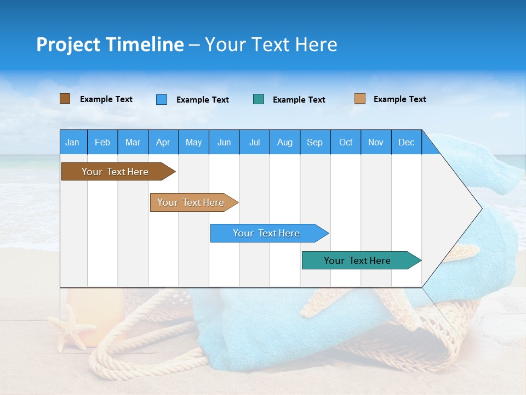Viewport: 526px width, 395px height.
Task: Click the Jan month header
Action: (x=72, y=142)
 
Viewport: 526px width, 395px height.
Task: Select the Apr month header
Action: (x=163, y=142)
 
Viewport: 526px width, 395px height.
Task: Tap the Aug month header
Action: (x=284, y=142)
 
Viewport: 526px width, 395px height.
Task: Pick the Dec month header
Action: (x=406, y=142)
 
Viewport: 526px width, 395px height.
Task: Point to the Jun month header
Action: (x=224, y=142)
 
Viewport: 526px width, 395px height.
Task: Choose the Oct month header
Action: (x=345, y=142)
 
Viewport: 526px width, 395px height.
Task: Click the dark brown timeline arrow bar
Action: (x=115, y=172)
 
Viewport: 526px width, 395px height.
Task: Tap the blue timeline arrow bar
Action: (x=266, y=233)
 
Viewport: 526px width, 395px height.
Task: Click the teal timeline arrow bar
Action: (x=357, y=261)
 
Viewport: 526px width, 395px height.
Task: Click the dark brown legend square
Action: (x=65, y=99)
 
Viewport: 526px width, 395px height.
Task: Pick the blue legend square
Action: (x=161, y=99)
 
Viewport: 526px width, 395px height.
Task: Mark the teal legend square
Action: (x=259, y=99)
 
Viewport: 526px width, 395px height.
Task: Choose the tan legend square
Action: (x=359, y=99)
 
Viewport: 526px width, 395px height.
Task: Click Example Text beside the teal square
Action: (x=299, y=100)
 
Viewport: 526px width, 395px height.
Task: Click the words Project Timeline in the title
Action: (x=110, y=44)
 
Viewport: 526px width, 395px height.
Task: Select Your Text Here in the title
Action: (x=271, y=44)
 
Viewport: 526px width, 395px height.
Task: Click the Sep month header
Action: (x=315, y=142)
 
